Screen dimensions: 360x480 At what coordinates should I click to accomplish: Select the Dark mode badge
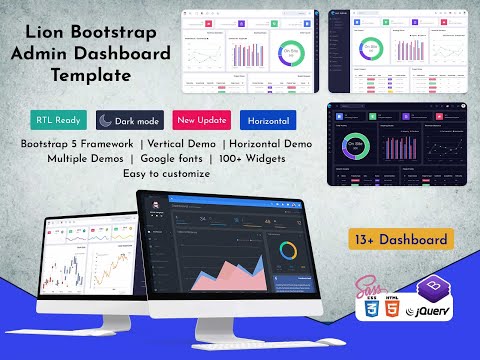(x=129, y=121)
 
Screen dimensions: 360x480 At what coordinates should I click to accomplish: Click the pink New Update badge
(x=199, y=121)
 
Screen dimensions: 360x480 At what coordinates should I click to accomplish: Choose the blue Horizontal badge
(x=268, y=121)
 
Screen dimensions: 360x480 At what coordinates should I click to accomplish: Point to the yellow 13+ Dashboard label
(x=413, y=240)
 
